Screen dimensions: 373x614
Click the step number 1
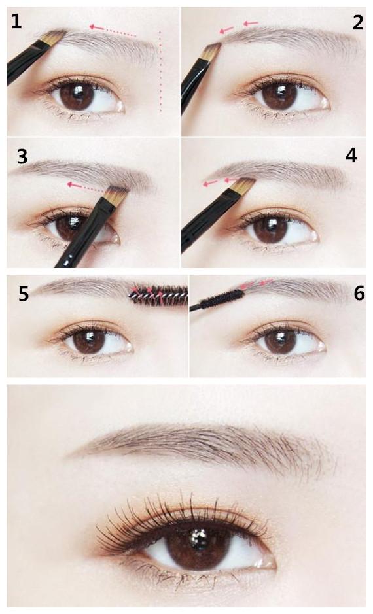click(x=16, y=21)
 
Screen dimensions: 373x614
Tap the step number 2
click(x=357, y=23)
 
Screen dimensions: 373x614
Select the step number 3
click(x=22, y=156)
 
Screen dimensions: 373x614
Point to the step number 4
click(x=351, y=156)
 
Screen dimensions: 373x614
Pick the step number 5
click(x=24, y=294)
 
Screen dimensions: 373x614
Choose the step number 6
click(x=359, y=294)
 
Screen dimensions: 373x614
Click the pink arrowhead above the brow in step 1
click(x=93, y=27)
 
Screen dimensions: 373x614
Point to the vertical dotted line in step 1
click(x=160, y=72)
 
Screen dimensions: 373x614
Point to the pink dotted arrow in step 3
click(x=87, y=187)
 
